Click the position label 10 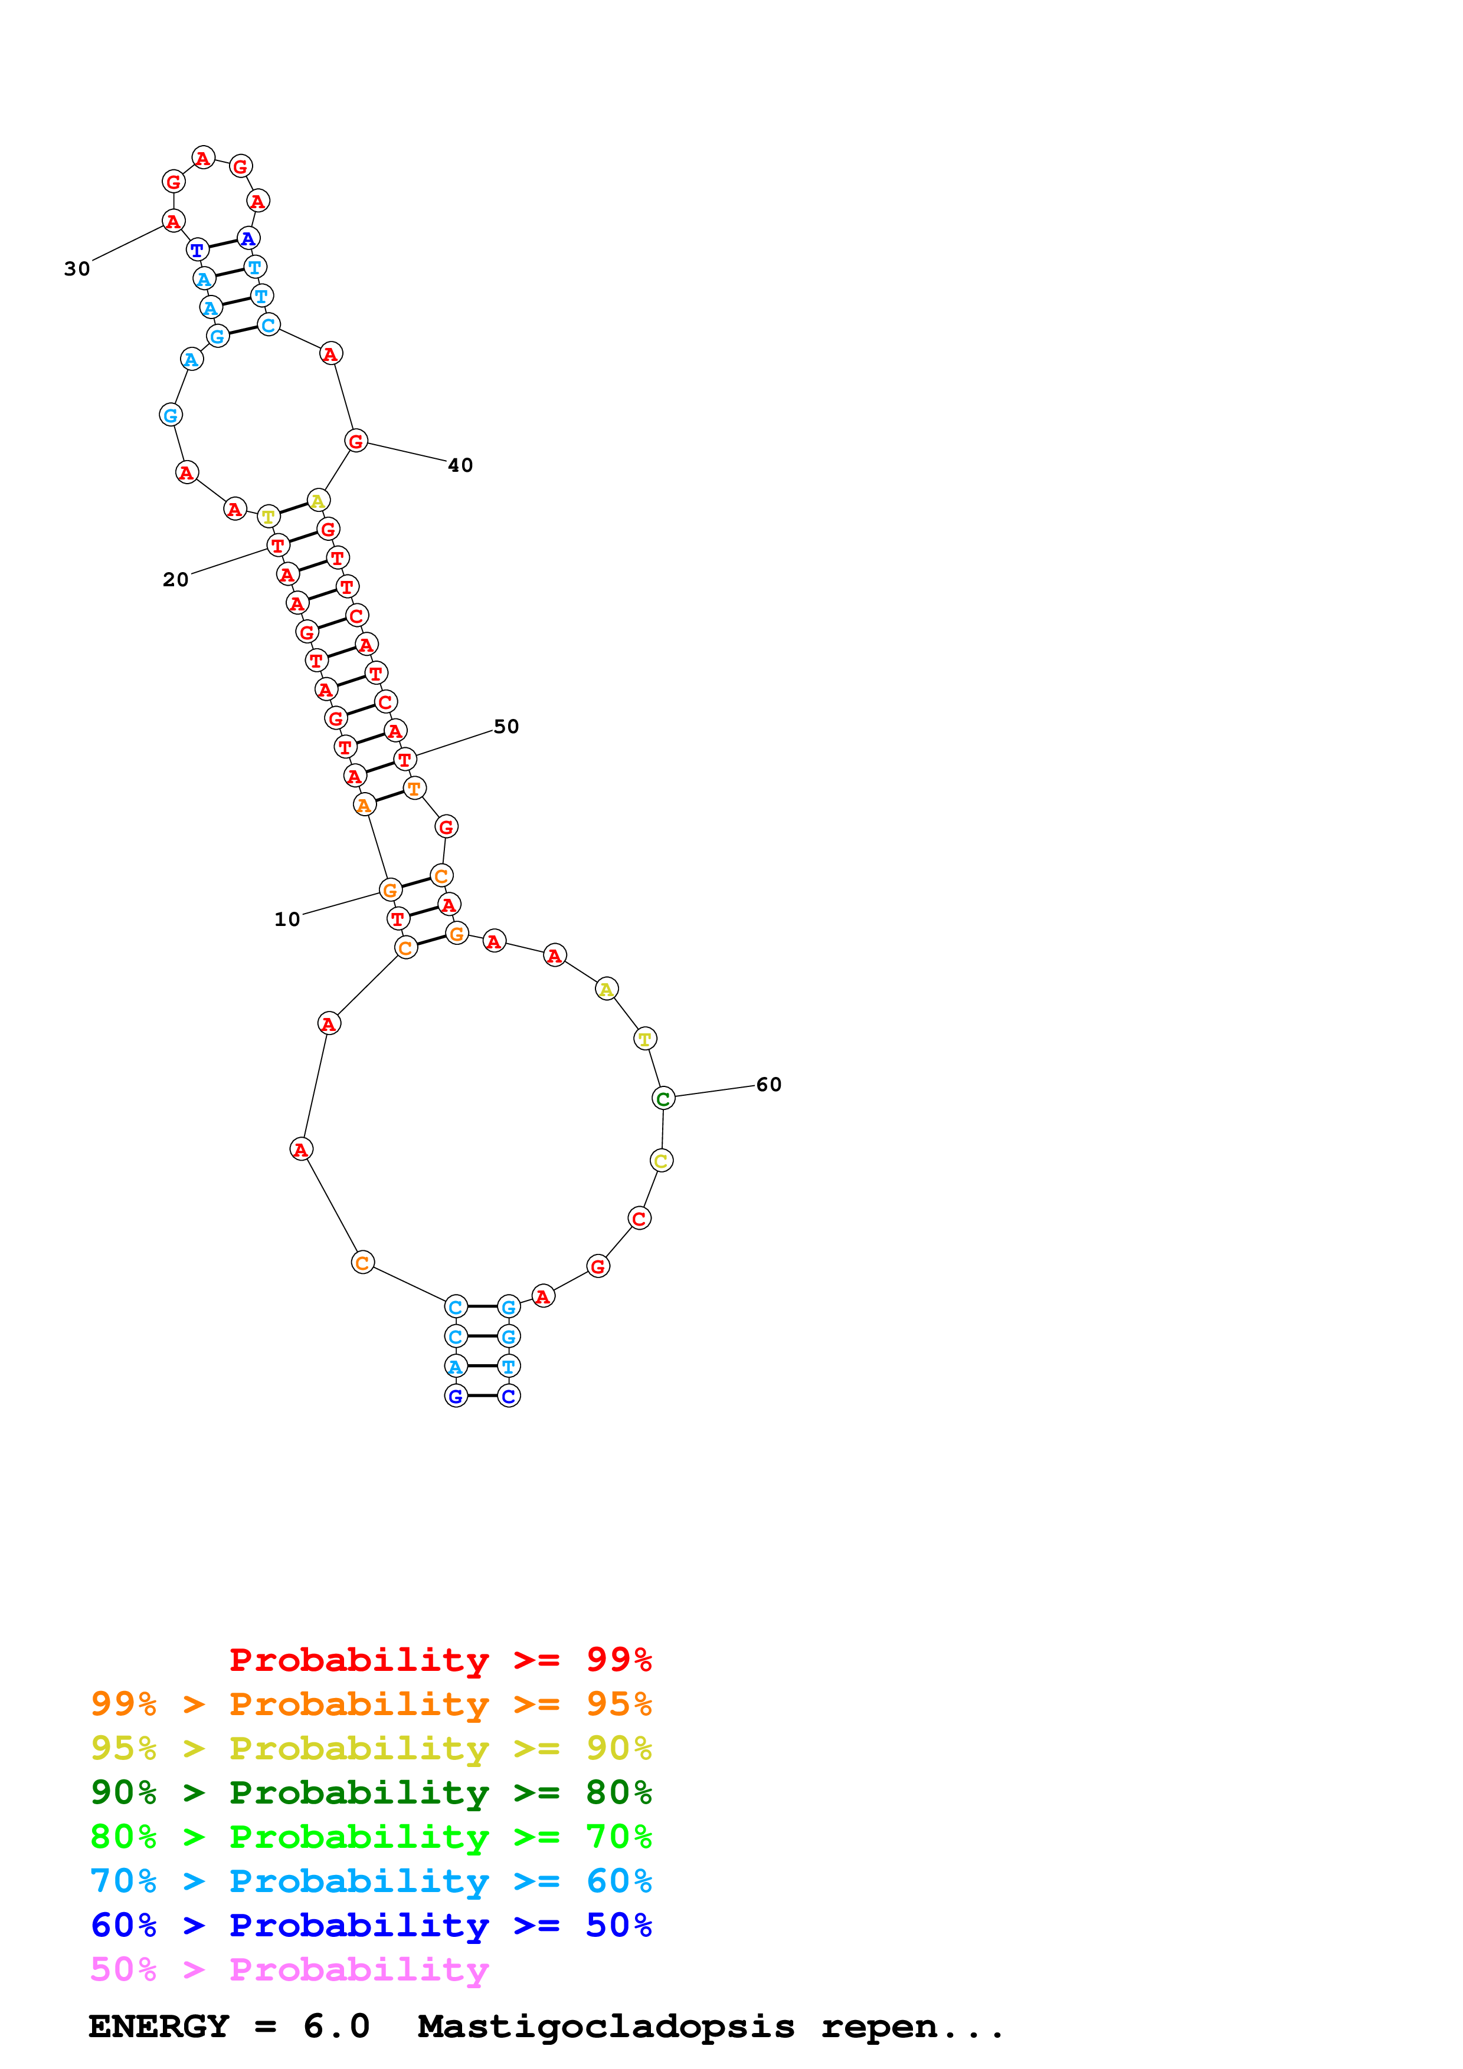click(287, 919)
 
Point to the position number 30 click(77, 268)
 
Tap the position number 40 click(460, 465)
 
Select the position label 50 click(506, 726)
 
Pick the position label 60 click(768, 1084)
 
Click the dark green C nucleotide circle click(663, 1098)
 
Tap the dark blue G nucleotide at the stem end click(456, 1396)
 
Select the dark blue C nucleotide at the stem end click(508, 1396)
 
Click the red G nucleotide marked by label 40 click(356, 441)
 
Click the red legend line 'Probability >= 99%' click(440, 1659)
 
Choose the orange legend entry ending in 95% click(371, 1703)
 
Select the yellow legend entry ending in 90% click(371, 1748)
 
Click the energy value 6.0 click(336, 2026)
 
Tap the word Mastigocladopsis click(606, 2026)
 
